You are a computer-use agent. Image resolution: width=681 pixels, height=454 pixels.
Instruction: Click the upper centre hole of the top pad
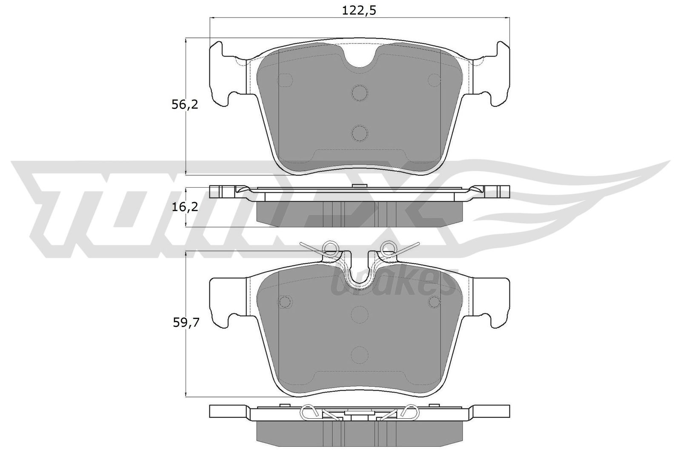tap(360, 93)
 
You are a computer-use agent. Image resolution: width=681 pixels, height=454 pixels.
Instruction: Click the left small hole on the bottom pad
tap(285, 302)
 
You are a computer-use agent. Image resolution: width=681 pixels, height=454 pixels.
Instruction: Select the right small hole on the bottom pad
tap(434, 302)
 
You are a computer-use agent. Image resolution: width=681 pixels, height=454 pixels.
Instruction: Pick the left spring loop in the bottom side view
tap(310, 412)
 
